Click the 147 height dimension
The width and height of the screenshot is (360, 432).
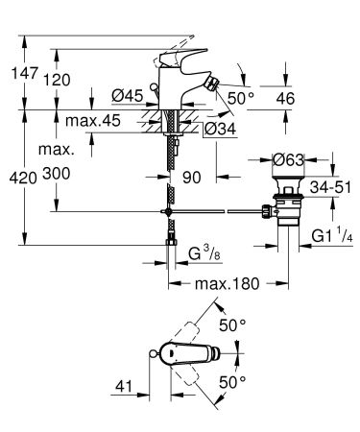click(25, 73)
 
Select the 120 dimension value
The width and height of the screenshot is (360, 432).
click(57, 80)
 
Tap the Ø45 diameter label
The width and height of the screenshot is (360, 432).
click(128, 95)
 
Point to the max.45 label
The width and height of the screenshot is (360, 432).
click(93, 121)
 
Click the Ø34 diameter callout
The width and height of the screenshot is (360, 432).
click(220, 129)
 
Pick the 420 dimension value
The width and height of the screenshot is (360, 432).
click(23, 178)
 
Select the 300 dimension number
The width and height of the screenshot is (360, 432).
click(57, 174)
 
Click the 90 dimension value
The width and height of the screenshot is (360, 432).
click(192, 178)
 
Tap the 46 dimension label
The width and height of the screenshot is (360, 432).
click(285, 98)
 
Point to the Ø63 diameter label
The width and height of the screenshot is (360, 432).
click(288, 159)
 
